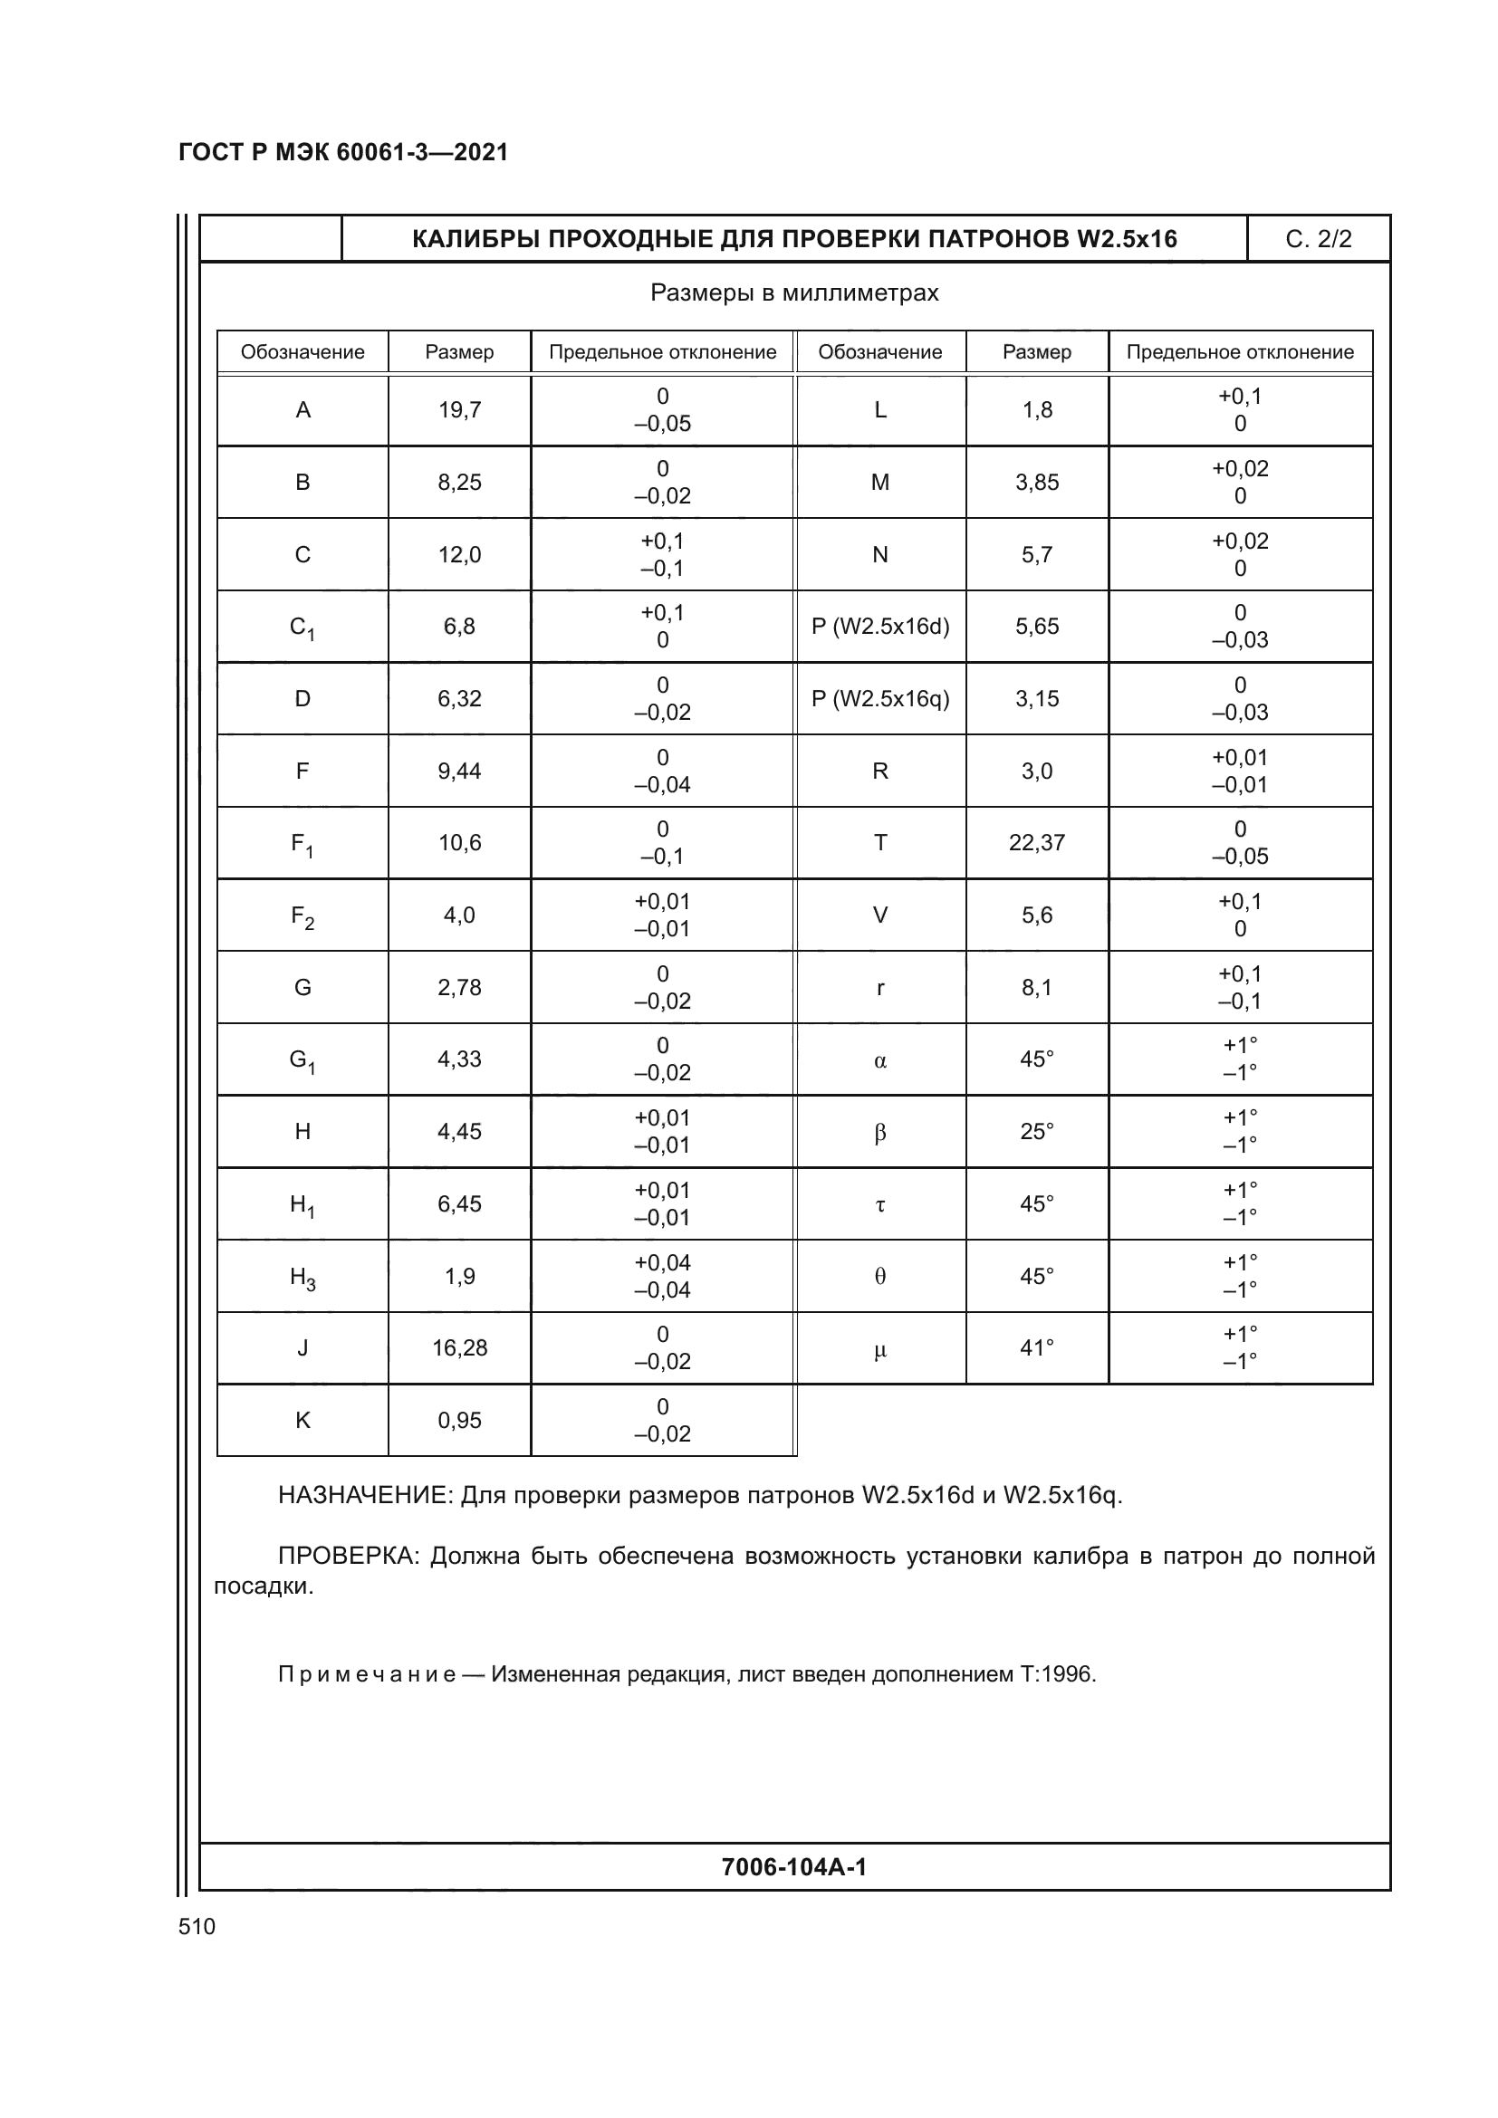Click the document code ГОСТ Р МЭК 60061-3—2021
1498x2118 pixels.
click(x=343, y=152)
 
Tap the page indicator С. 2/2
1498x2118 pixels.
click(x=1318, y=240)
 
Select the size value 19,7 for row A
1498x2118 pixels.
click(x=459, y=410)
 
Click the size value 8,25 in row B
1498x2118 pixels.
click(x=459, y=483)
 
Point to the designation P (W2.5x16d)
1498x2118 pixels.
click(x=880, y=627)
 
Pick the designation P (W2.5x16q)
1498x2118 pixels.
click(x=880, y=699)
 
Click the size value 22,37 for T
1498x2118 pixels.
click(x=1037, y=843)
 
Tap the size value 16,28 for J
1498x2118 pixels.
click(x=459, y=1347)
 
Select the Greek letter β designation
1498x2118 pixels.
click(x=880, y=1132)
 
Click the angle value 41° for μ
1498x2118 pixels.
click(x=1037, y=1347)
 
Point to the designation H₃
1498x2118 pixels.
click(x=302, y=1278)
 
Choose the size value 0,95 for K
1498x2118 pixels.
click(x=459, y=1421)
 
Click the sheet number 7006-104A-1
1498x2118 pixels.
click(x=794, y=1867)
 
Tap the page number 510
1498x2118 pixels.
click(x=197, y=1926)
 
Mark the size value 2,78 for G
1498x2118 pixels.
click(x=459, y=988)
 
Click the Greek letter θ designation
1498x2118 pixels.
click(x=880, y=1277)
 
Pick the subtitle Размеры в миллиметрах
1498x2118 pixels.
click(x=794, y=293)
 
